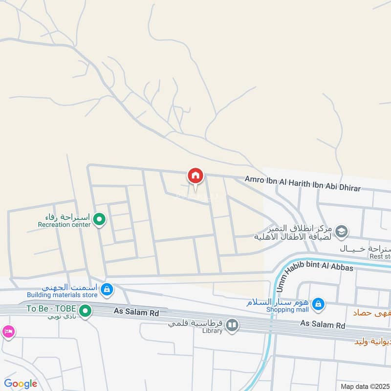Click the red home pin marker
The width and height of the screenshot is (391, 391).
[x=195, y=176]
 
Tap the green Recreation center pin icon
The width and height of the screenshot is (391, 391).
[x=99, y=219]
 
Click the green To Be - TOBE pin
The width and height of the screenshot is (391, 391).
[x=86, y=310]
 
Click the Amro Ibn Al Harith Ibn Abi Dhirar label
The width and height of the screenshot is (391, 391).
[x=303, y=184]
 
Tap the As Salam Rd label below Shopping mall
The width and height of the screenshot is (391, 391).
[x=323, y=325]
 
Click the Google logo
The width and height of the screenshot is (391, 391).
[x=21, y=384]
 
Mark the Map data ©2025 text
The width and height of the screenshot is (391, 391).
[x=364, y=386]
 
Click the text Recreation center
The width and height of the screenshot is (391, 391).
[x=65, y=225]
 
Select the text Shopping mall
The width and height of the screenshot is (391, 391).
[x=287, y=309]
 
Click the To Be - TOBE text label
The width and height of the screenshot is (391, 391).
[x=51, y=309]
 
